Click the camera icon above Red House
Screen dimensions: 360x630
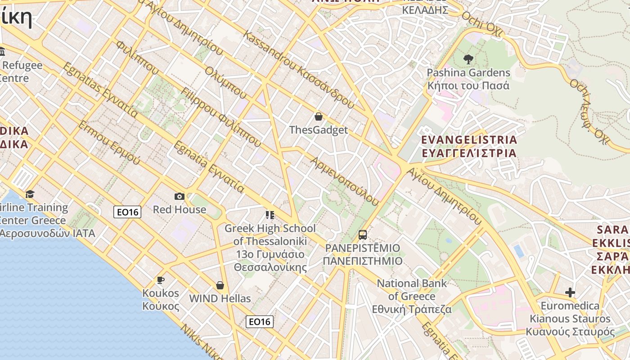click(x=179, y=196)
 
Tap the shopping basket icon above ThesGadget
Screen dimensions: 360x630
click(x=319, y=117)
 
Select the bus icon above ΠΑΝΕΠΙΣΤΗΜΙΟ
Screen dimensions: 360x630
click(x=363, y=234)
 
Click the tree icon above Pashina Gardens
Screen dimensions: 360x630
click(x=468, y=59)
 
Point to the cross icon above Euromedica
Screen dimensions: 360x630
click(x=570, y=292)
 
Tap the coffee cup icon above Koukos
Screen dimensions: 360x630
click(x=160, y=280)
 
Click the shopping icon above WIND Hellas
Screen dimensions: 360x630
click(x=220, y=285)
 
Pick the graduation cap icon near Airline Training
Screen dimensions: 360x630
click(x=30, y=194)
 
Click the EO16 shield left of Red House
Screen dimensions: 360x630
click(x=127, y=212)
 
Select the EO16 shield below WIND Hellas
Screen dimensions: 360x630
click(x=260, y=321)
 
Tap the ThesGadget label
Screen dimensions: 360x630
click(x=319, y=130)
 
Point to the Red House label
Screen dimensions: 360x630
click(x=179, y=210)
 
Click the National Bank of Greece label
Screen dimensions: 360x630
click(x=412, y=296)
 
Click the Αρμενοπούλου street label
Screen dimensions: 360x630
click(x=345, y=181)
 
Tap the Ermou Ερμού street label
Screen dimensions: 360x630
click(x=109, y=143)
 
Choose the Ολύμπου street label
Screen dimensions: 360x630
click(x=225, y=83)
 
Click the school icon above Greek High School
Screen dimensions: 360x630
click(x=270, y=215)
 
